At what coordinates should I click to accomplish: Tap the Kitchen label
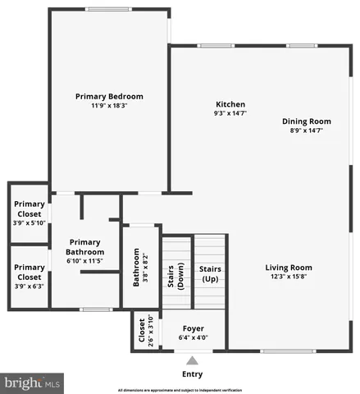pyautogui.click(x=230, y=104)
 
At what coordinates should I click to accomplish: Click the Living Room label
pyautogui.click(x=288, y=268)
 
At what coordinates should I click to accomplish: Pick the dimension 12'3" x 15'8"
pyautogui.click(x=288, y=277)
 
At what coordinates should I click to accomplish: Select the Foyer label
pyautogui.click(x=194, y=328)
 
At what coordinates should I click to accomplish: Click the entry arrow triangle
pyautogui.click(x=193, y=360)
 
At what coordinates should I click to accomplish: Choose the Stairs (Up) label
pyautogui.click(x=210, y=274)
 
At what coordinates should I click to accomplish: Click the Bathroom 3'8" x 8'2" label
pyautogui.click(x=141, y=268)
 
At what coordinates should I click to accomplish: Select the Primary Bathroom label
pyautogui.click(x=84, y=247)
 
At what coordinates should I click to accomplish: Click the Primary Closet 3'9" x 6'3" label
pyautogui.click(x=30, y=273)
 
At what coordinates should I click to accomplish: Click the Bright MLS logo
pyautogui.click(x=33, y=383)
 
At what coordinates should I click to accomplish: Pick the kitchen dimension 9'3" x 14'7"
pyautogui.click(x=230, y=113)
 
